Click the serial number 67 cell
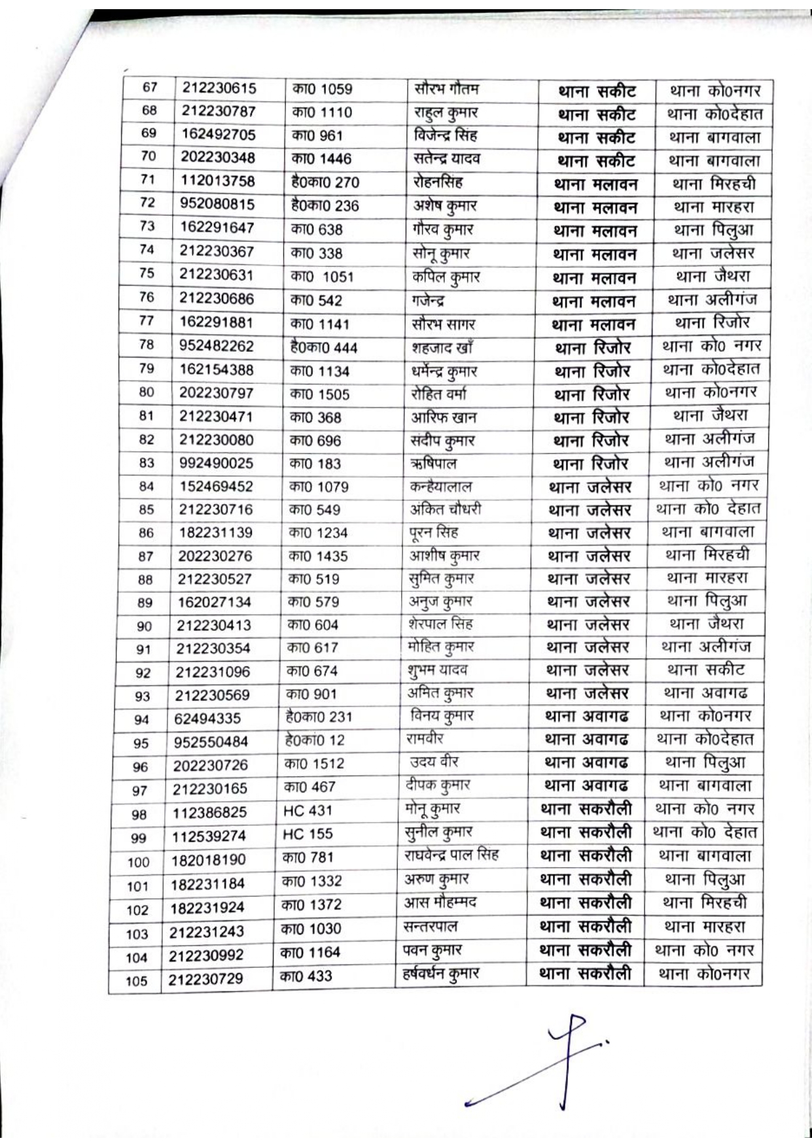click(x=150, y=88)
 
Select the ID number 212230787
click(x=219, y=111)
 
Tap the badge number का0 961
click(x=317, y=135)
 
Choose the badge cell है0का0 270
click(x=325, y=182)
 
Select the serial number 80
click(x=147, y=392)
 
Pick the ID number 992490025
click(x=216, y=463)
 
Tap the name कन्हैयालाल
click(x=439, y=487)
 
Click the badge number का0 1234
click(x=318, y=533)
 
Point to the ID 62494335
click(x=207, y=719)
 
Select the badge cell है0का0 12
click(x=315, y=740)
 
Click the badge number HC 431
click(x=308, y=811)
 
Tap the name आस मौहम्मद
click(x=440, y=903)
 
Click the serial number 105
click(x=137, y=981)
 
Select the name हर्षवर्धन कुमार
click(x=440, y=974)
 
